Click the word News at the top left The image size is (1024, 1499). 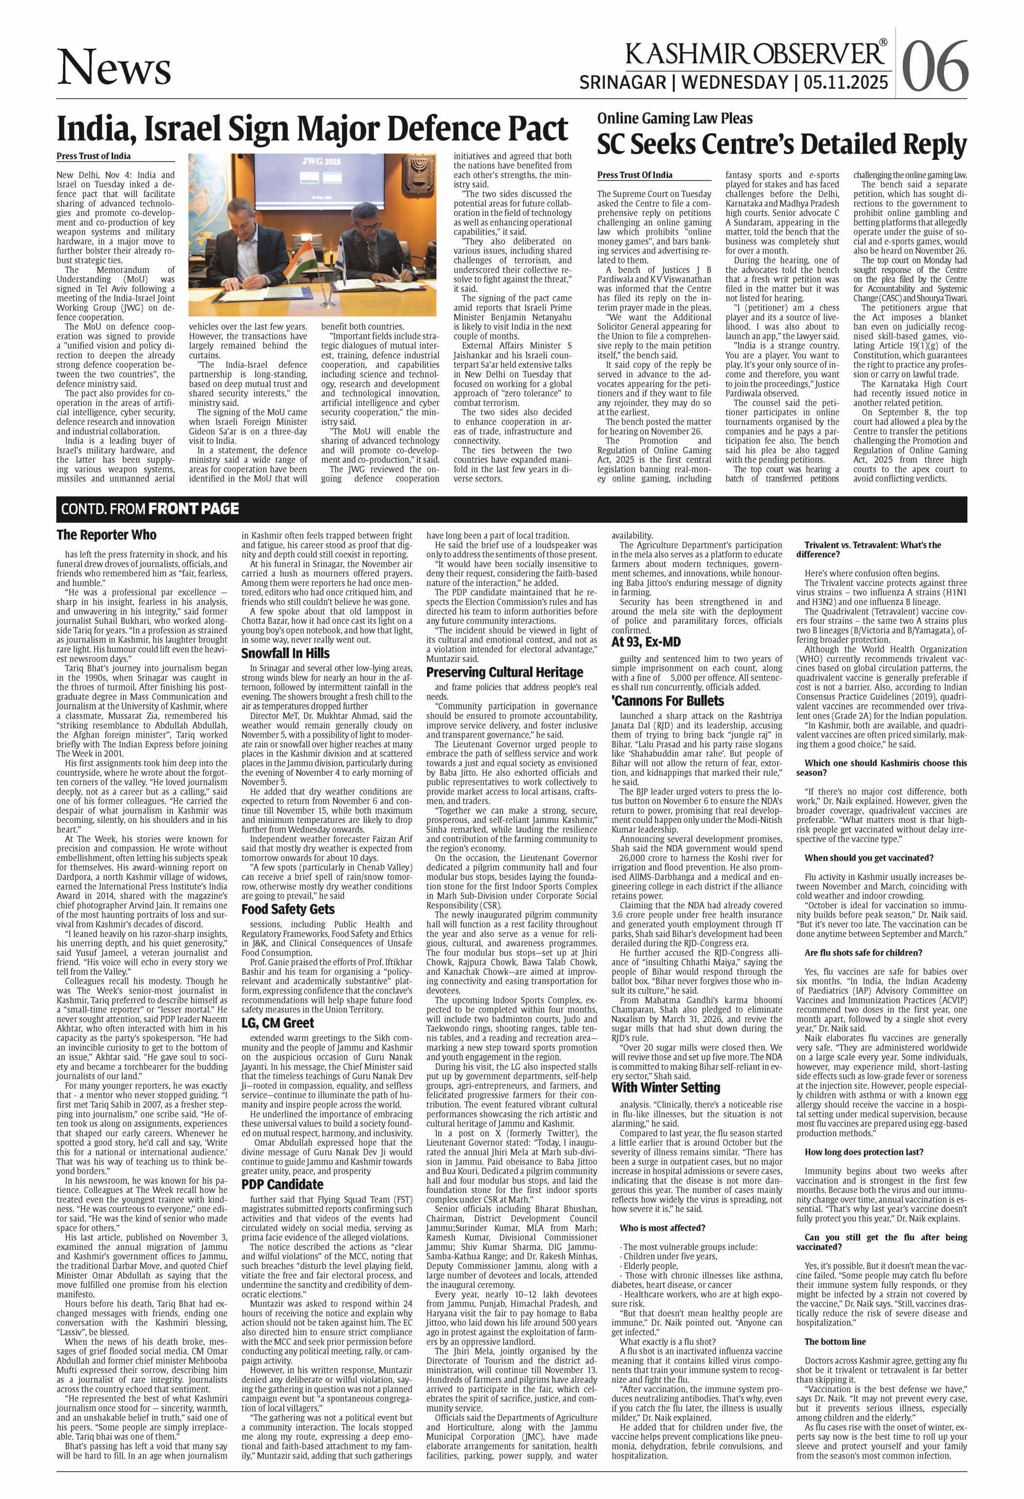[114, 68]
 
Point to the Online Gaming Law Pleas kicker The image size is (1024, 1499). [674, 118]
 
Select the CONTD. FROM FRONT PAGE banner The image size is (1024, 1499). [150, 509]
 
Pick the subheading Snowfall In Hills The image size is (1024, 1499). [285, 653]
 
